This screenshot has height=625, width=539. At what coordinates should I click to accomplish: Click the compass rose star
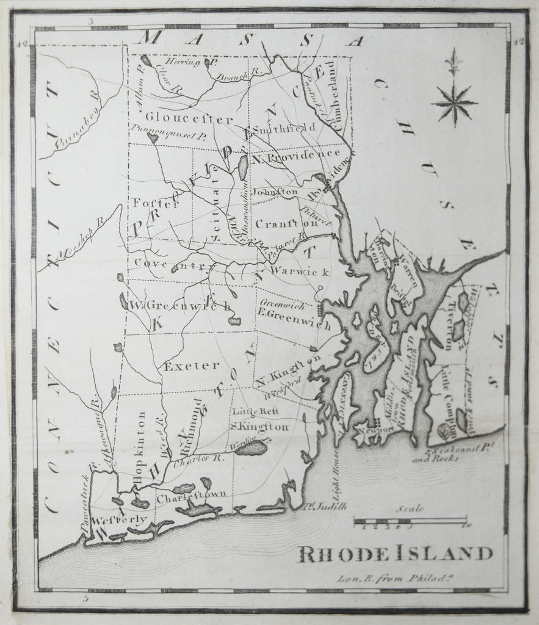[454, 102]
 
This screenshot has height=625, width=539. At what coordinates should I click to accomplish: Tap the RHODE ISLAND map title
[396, 554]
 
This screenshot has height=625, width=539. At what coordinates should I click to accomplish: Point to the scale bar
[410, 521]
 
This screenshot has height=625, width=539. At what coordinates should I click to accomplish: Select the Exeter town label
[191, 366]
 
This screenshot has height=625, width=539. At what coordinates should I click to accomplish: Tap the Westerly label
[120, 520]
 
